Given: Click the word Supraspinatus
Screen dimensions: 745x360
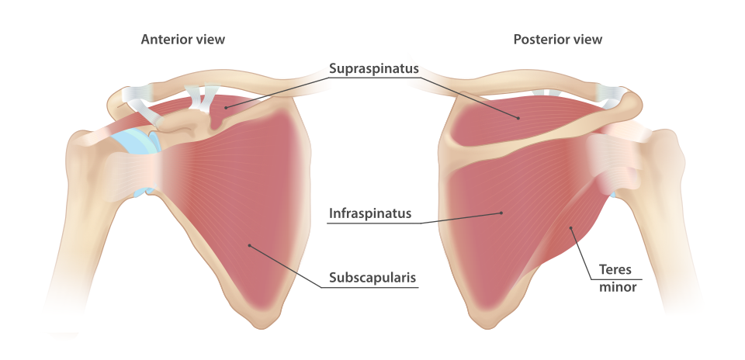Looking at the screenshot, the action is point(373,68).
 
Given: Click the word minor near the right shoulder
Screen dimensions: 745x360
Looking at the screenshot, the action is point(618,287).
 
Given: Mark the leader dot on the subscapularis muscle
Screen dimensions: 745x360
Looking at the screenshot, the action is point(249,246).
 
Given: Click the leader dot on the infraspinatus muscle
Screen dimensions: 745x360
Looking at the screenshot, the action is point(501,212).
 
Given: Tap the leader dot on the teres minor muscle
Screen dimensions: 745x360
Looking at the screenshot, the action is point(571,227).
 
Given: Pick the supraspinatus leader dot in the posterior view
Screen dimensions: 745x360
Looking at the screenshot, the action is point(518,118).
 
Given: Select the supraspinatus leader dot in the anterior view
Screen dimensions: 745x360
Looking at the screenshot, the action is point(226,108).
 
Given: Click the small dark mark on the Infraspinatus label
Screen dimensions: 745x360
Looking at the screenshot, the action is point(369,218).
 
